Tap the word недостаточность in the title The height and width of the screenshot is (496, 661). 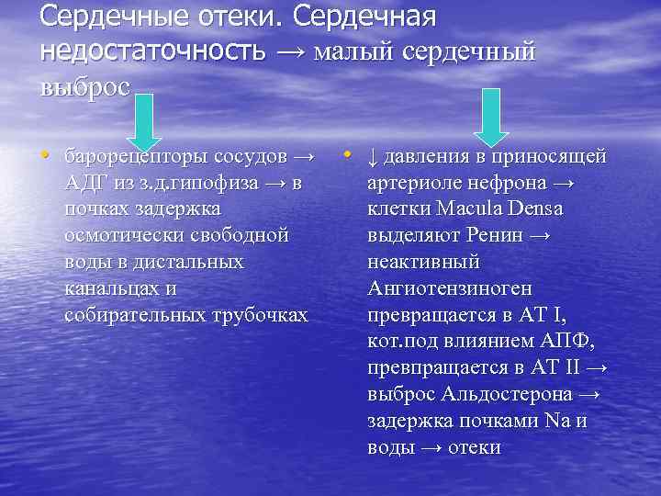[154, 51]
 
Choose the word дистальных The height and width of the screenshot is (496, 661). [190, 262]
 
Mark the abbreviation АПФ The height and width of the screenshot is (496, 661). [567, 341]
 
